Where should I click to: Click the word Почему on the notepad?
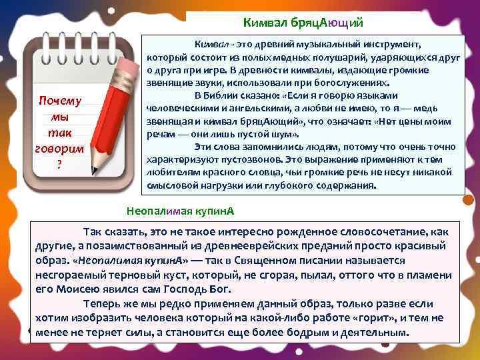point(60,101)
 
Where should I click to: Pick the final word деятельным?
point(373,332)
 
